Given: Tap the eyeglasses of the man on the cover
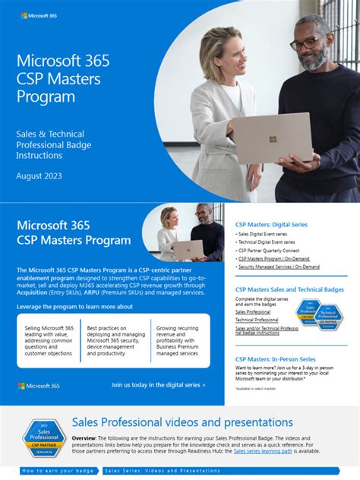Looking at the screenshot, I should tap(306, 43).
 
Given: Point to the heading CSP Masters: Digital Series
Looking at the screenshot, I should tap(272, 224).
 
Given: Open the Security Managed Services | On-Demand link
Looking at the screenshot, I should tap(279, 267).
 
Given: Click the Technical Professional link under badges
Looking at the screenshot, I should tap(257, 320).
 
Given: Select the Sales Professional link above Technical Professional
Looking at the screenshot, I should tap(253, 311).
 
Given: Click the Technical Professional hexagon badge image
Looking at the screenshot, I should tap(330, 317).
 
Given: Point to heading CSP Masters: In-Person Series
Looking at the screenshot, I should tap(275, 358).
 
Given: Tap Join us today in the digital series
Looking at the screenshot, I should tap(158, 385).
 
